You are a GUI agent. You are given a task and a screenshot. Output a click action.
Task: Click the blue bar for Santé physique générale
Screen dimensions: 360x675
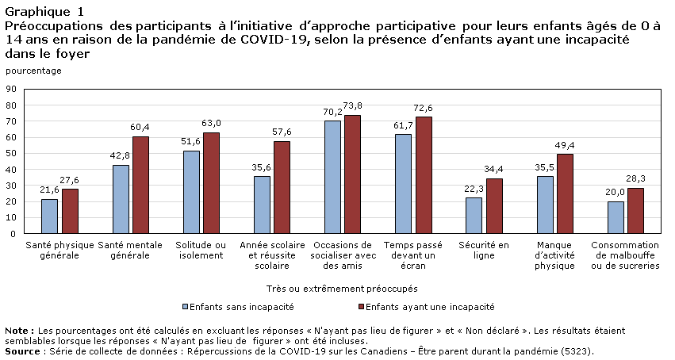click(49, 216)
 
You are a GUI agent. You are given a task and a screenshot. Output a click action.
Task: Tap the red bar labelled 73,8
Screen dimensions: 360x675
click(352, 174)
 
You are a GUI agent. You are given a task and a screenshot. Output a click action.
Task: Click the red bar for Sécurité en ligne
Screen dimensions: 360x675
click(494, 206)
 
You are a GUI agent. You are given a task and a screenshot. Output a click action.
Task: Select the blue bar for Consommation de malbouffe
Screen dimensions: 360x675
click(615, 218)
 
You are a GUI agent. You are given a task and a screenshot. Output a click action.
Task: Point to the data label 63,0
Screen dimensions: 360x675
click(210, 124)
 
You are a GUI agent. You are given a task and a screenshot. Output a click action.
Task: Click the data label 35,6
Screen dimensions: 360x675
click(261, 167)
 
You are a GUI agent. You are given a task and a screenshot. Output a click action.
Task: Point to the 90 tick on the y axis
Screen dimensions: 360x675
click(11, 89)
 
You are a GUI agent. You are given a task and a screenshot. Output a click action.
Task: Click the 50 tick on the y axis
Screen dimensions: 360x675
click(11, 154)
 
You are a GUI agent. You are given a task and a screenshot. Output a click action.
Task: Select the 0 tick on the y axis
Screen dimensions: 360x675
click(13, 234)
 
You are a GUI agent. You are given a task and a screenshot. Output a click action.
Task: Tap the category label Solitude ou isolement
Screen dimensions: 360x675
click(201, 251)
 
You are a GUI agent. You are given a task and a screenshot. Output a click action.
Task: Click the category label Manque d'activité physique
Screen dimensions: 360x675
click(554, 255)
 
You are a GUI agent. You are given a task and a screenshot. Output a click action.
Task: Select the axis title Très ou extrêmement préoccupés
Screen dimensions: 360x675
click(342, 288)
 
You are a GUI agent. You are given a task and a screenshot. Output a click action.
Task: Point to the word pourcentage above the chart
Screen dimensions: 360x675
click(33, 71)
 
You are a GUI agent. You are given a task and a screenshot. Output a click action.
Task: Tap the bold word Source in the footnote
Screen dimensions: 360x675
click(21, 350)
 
